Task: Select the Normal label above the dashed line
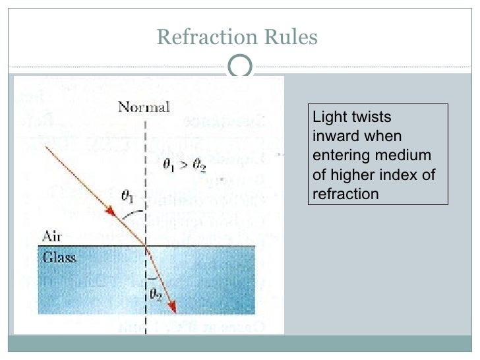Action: tap(144, 107)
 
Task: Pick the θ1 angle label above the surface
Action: tap(130, 196)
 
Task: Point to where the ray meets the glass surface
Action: tap(144, 247)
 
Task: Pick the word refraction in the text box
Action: tap(345, 193)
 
